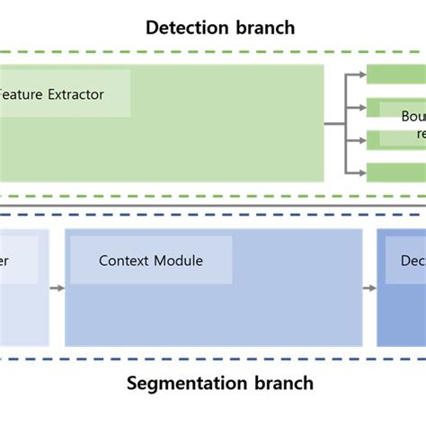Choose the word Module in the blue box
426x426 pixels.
coord(179,261)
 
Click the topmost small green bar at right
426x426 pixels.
coord(395,75)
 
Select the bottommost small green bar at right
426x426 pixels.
coord(395,173)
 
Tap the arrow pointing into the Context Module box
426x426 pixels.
coord(57,288)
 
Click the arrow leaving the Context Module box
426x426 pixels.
coord(369,288)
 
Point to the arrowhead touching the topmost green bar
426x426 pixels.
coord(362,75)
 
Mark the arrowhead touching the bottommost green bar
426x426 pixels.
coord(362,173)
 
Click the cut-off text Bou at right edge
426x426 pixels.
coord(413,117)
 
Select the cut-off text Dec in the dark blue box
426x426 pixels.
coord(412,261)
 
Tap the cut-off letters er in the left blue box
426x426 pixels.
coord(5,261)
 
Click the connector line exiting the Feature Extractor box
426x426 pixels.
coord(334,123)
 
